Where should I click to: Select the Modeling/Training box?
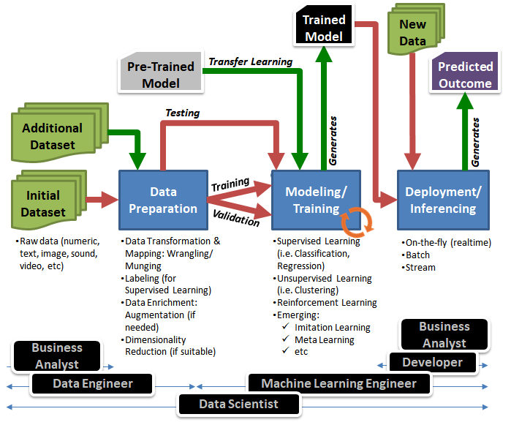click(x=315, y=200)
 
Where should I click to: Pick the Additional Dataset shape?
click(x=52, y=135)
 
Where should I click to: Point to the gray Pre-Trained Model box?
click(x=161, y=74)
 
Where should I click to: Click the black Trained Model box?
click(x=324, y=27)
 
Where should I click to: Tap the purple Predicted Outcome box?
click(x=465, y=75)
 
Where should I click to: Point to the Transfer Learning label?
click(x=251, y=61)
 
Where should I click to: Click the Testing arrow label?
click(x=182, y=113)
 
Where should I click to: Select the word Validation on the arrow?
click(x=236, y=217)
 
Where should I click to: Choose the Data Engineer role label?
click(x=92, y=383)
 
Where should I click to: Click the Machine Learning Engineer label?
click(x=338, y=383)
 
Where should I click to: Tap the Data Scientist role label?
click(x=239, y=404)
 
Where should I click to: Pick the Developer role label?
click(x=432, y=362)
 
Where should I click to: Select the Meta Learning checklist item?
click(x=324, y=339)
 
